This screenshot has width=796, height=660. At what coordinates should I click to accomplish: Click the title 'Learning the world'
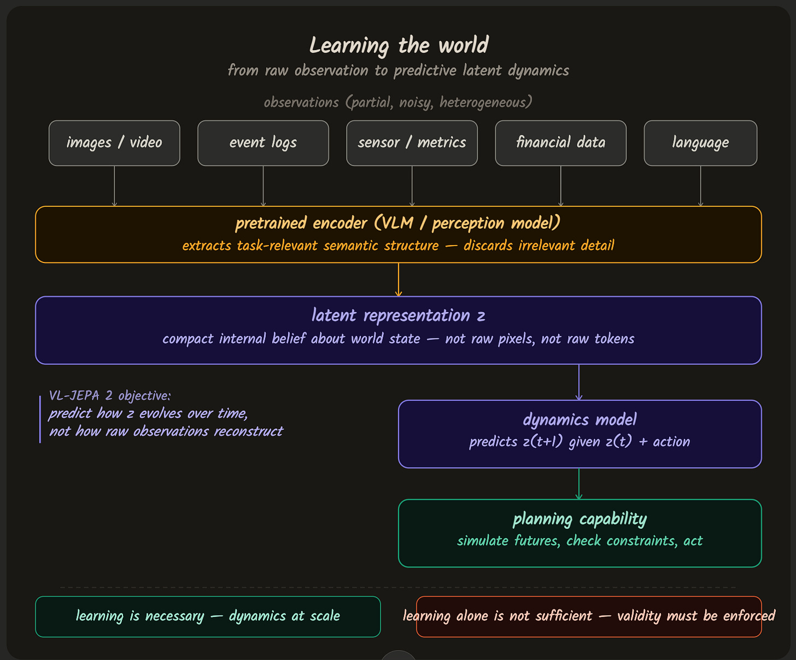click(399, 45)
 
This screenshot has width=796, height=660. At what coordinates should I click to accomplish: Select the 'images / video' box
click(114, 143)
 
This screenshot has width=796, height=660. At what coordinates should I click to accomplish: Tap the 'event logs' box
click(263, 143)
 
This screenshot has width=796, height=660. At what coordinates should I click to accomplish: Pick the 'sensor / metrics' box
click(412, 143)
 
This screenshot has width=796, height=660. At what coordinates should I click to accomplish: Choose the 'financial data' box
click(561, 143)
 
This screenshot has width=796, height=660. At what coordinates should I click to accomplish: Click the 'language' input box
click(701, 143)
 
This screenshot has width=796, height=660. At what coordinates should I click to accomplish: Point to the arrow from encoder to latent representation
click(399, 279)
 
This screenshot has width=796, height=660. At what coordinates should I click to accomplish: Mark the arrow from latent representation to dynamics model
click(579, 382)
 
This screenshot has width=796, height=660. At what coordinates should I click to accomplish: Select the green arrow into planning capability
click(579, 483)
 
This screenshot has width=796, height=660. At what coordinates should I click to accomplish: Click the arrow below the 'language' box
click(701, 186)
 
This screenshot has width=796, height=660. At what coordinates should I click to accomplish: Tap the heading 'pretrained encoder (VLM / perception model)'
click(398, 223)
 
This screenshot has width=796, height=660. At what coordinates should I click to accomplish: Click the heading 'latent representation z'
click(399, 316)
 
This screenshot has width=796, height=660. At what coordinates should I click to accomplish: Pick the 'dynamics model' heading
click(580, 420)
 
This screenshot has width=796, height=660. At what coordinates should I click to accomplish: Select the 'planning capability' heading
click(580, 519)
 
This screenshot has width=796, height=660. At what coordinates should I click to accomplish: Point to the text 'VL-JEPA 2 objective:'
click(110, 396)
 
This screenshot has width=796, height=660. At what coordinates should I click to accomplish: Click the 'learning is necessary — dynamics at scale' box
click(208, 617)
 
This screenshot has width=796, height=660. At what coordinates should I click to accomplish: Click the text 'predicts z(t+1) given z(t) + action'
click(580, 441)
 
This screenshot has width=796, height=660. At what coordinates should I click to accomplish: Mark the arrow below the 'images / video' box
click(114, 186)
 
